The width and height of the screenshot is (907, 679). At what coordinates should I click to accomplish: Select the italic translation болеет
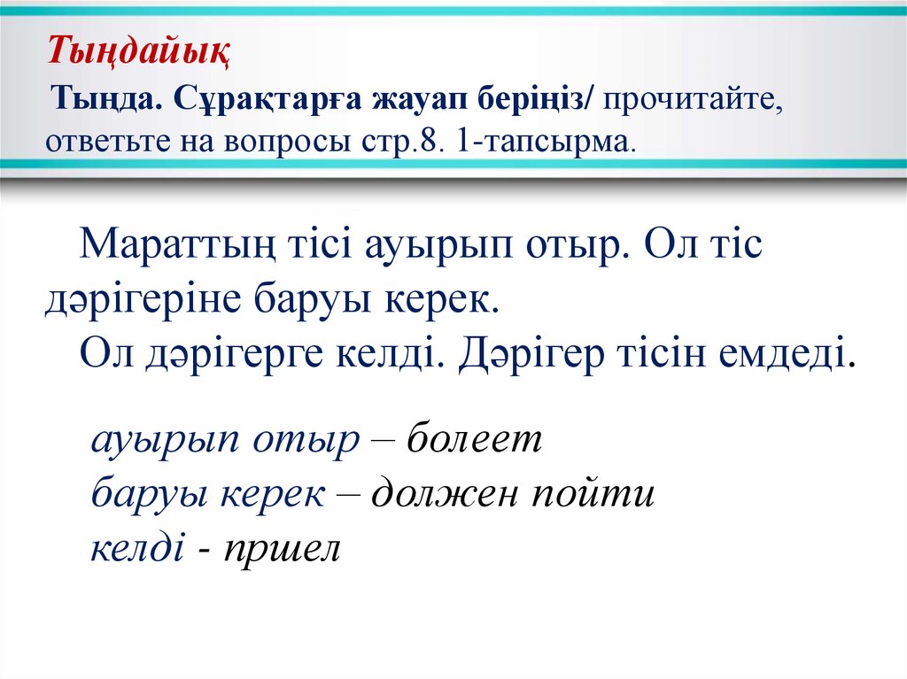coord(473,439)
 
